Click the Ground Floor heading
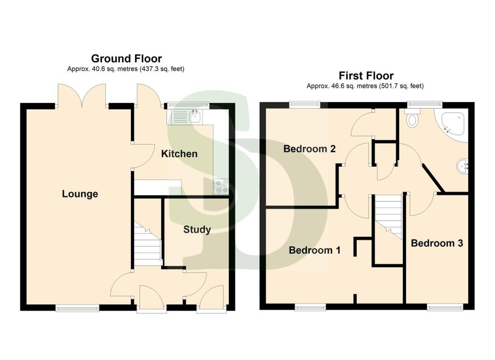[126, 58]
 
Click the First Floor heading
[365, 75]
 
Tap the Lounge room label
[80, 194]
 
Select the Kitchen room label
[179, 154]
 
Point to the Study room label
[197, 230]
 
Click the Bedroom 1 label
[315, 250]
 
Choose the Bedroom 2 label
[309, 149]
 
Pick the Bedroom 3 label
[437, 243]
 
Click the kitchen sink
[195, 116]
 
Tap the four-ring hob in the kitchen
[221, 186]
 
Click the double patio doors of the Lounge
[81, 95]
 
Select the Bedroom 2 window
[305, 103]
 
